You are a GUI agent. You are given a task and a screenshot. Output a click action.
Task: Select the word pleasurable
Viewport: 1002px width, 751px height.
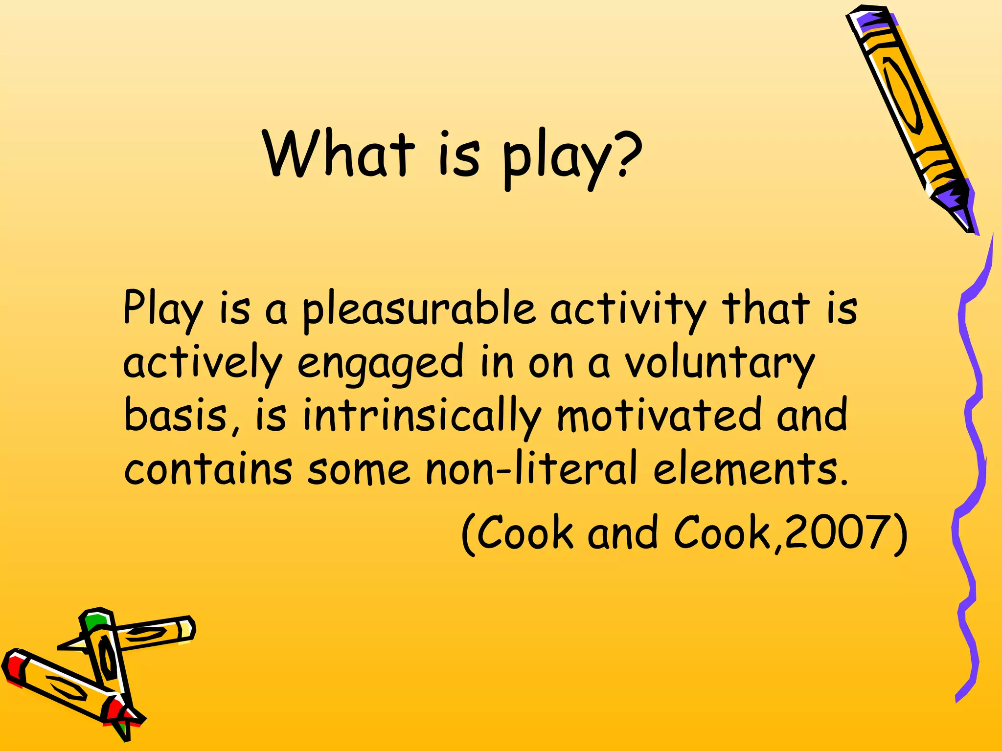[418, 310]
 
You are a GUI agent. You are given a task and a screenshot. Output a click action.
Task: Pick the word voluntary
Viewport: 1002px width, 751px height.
[720, 364]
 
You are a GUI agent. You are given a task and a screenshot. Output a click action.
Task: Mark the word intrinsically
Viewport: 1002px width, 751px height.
[421, 416]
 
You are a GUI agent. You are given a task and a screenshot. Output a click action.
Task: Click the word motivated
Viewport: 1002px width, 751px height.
[659, 416]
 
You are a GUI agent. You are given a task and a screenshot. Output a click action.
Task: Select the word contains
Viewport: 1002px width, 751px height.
[208, 469]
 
